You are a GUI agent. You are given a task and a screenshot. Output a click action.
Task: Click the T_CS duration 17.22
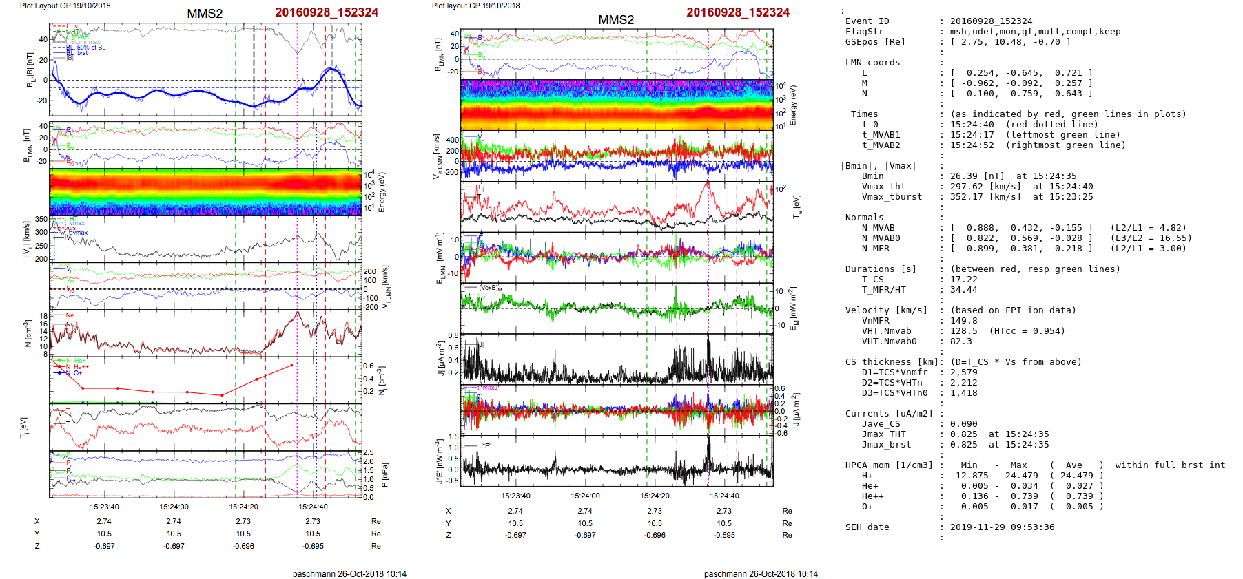coord(963,280)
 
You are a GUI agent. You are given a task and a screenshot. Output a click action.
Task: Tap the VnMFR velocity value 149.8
coord(963,321)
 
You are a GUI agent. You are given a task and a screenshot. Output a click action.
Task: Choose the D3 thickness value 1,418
coord(963,393)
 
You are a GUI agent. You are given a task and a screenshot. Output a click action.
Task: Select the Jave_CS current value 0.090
coord(963,424)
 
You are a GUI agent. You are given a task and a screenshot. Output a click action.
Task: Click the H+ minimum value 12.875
coord(972,476)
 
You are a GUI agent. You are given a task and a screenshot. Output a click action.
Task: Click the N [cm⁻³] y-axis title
coord(28,334)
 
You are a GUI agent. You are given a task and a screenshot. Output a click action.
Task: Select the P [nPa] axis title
coord(384,475)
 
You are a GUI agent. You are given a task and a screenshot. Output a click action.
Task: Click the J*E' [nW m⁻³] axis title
coord(438,461)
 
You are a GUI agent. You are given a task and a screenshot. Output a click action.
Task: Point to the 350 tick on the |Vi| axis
coord(41,220)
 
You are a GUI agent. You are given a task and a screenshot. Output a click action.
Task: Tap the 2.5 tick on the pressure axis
coord(369,453)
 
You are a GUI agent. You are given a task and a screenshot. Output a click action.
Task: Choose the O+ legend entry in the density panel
coord(77,373)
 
